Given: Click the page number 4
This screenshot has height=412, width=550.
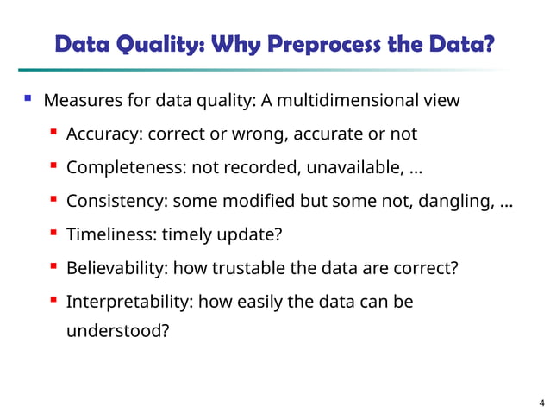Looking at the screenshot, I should point(541,402).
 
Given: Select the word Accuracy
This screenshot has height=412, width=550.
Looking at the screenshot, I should point(103,134).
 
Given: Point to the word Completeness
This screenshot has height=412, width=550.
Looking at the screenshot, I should point(126,167).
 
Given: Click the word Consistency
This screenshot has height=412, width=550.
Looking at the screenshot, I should point(117,201).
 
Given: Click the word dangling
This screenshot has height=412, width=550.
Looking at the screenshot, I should point(457,201).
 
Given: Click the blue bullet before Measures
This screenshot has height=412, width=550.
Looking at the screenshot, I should point(28,99).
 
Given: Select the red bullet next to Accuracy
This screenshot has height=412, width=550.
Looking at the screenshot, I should point(53,133).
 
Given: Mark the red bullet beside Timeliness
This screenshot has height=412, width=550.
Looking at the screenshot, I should point(53,233).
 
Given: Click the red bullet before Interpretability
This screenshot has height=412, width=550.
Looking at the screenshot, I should point(53,300).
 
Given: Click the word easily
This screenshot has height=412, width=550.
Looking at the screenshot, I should point(259,302).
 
